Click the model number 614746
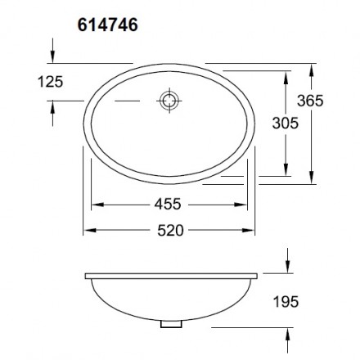[106, 25]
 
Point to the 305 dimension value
[285, 123]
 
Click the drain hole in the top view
[169, 101]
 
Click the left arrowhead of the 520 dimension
[88, 231]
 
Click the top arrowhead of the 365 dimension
[314, 67]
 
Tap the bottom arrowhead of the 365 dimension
[314, 180]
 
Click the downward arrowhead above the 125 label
[52, 56]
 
